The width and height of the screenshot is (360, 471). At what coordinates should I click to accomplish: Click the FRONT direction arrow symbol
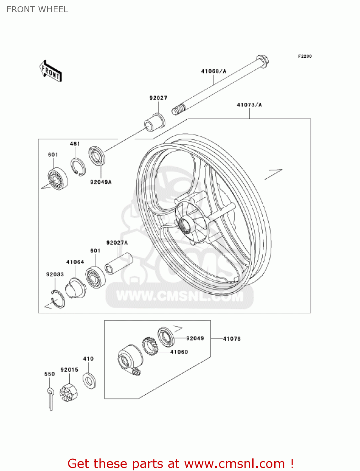(51, 71)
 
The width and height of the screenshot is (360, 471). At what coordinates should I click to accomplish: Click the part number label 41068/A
(213, 71)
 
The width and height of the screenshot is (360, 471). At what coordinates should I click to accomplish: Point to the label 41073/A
(249, 105)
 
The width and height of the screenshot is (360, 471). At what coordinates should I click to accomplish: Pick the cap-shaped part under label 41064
(75, 288)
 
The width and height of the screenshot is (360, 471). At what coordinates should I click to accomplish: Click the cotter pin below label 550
(51, 399)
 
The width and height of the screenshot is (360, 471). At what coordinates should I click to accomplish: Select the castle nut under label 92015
(69, 392)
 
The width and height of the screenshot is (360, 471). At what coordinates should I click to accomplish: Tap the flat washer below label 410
(89, 381)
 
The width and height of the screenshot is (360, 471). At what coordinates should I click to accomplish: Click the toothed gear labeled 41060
(150, 346)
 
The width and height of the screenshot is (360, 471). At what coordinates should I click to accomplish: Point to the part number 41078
(232, 339)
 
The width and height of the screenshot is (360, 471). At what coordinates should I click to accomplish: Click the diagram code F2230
(305, 56)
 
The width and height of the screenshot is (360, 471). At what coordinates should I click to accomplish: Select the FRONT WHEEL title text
(37, 9)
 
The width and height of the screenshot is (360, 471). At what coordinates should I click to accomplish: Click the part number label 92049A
(101, 182)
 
